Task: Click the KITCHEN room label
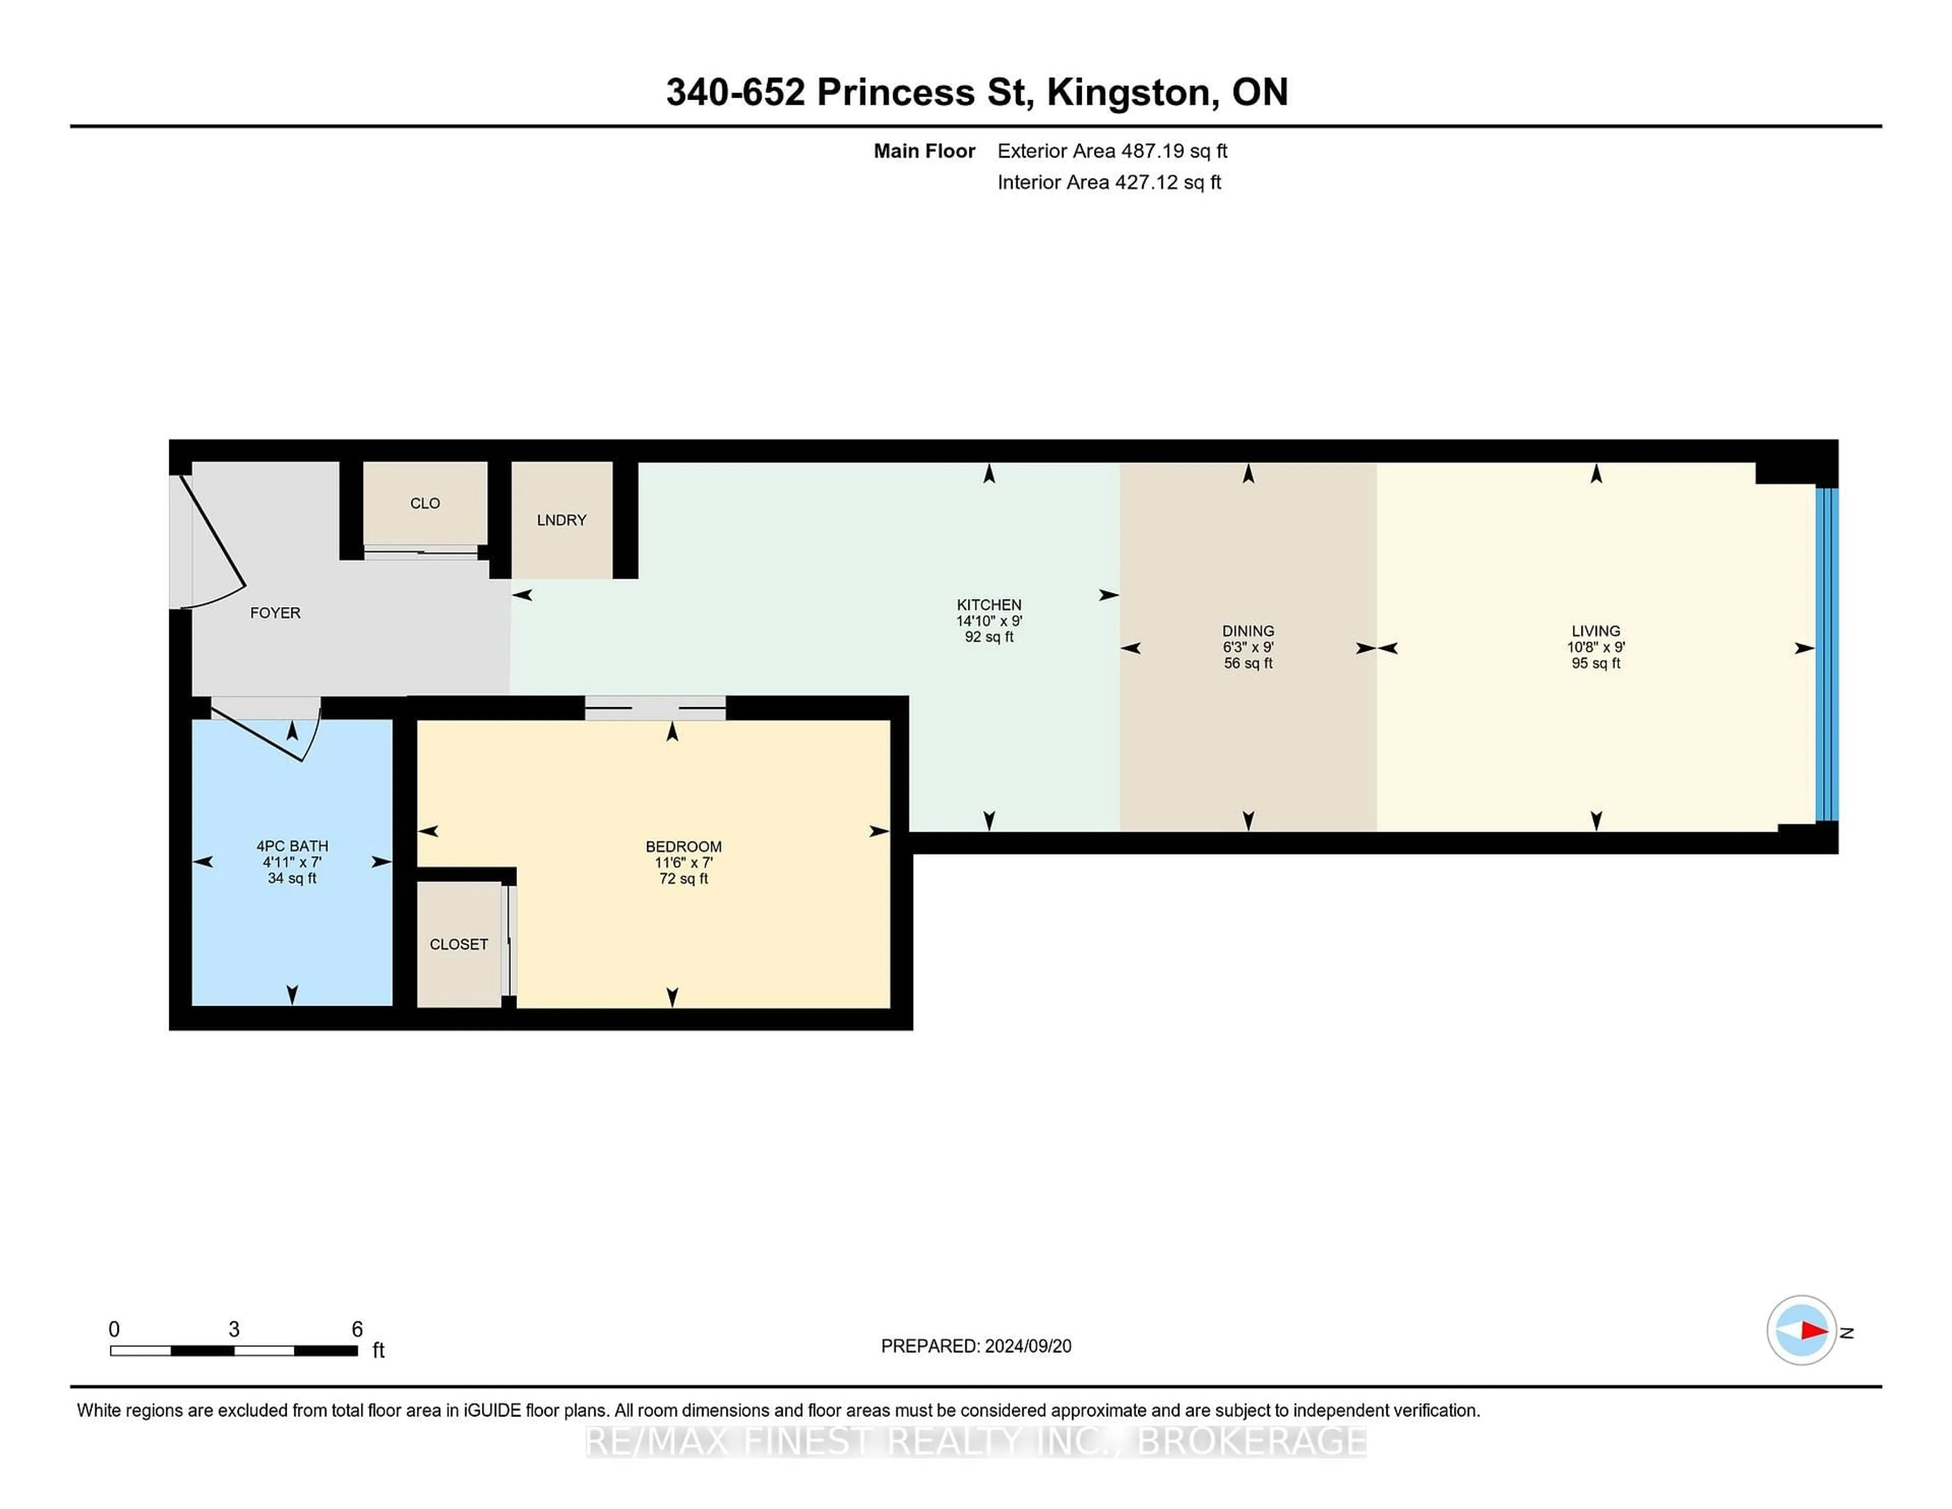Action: (989, 605)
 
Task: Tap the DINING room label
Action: (1248, 631)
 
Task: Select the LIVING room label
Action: (1595, 631)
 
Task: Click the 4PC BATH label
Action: (292, 846)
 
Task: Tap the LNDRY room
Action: (561, 520)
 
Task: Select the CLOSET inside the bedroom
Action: (459, 944)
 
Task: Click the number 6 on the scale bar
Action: (357, 1330)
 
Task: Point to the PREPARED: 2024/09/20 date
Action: (976, 1346)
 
